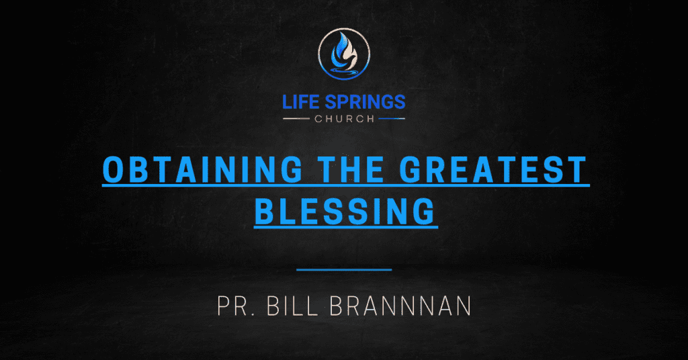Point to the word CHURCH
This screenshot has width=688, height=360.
(343, 119)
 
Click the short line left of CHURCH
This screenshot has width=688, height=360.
(298, 119)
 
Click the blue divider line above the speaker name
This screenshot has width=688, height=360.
(344, 270)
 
